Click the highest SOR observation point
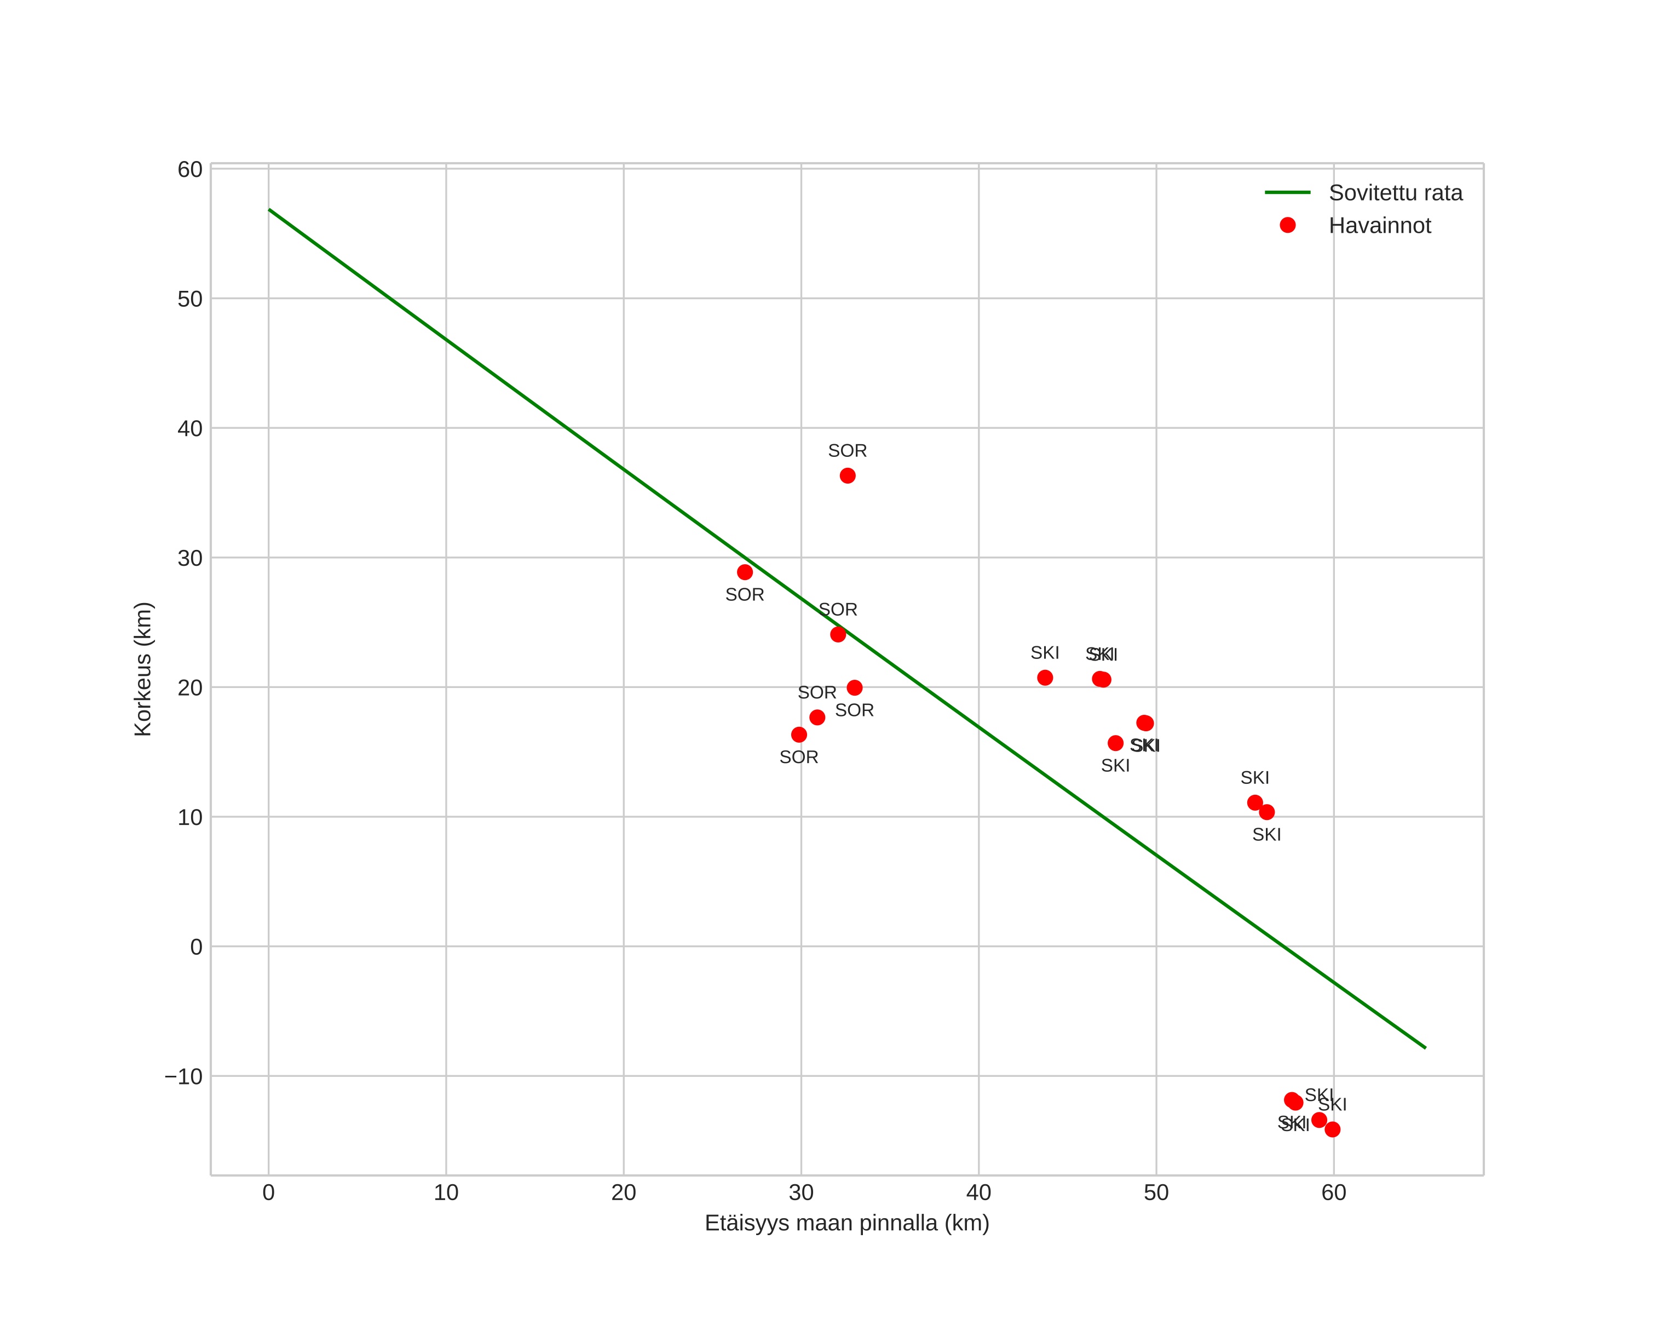click(847, 476)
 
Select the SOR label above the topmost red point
click(847, 451)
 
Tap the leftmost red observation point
click(745, 572)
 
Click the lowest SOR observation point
click(799, 735)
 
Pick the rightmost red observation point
click(1333, 1129)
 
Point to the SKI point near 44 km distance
click(1045, 678)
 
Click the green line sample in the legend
click(1288, 192)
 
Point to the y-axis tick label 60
click(190, 169)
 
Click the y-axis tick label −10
click(184, 1076)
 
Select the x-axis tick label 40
click(978, 1193)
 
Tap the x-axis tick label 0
click(268, 1193)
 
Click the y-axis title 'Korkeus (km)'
click(143, 669)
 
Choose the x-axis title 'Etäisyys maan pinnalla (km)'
click(846, 1223)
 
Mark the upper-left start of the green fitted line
click(269, 209)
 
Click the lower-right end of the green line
click(1425, 1047)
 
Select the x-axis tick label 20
click(623, 1193)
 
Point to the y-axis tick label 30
click(190, 558)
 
